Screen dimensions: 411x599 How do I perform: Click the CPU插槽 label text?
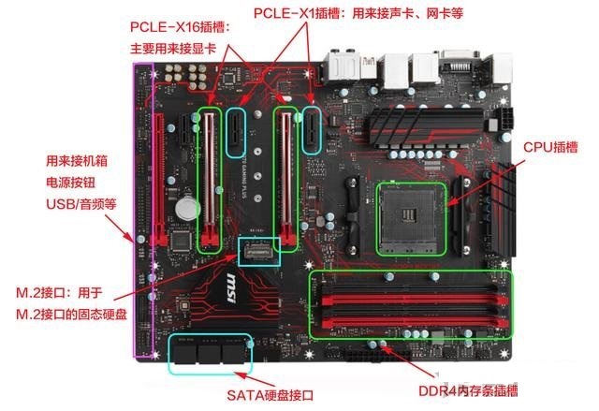[550, 146]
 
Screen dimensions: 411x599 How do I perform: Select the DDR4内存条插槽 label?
[469, 390]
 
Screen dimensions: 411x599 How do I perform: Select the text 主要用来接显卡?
[172, 48]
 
